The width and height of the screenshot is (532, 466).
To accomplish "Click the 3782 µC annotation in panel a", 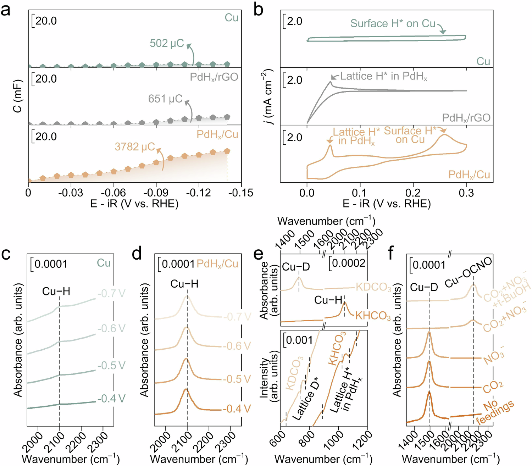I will (135, 146).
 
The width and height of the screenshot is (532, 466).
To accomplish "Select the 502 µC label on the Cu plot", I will (167, 43).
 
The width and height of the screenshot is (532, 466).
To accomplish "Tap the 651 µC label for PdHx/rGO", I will (165, 99).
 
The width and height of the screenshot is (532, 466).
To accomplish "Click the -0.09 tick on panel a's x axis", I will (156, 193).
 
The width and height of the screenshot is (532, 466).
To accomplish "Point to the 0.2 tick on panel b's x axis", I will (413, 193).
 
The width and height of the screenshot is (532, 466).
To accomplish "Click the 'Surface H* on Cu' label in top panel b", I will (393, 23).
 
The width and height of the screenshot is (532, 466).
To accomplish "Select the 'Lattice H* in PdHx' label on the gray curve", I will (384, 77).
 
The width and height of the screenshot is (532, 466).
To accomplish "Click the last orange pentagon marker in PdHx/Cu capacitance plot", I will (227, 151).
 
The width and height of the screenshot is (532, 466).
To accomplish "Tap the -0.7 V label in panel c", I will (111, 294).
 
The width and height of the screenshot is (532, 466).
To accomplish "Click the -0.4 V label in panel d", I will (237, 409).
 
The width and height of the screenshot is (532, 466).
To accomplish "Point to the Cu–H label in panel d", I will (184, 284).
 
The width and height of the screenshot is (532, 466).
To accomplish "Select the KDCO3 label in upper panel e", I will (373, 287).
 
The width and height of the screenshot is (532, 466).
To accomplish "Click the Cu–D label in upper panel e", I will (296, 267).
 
